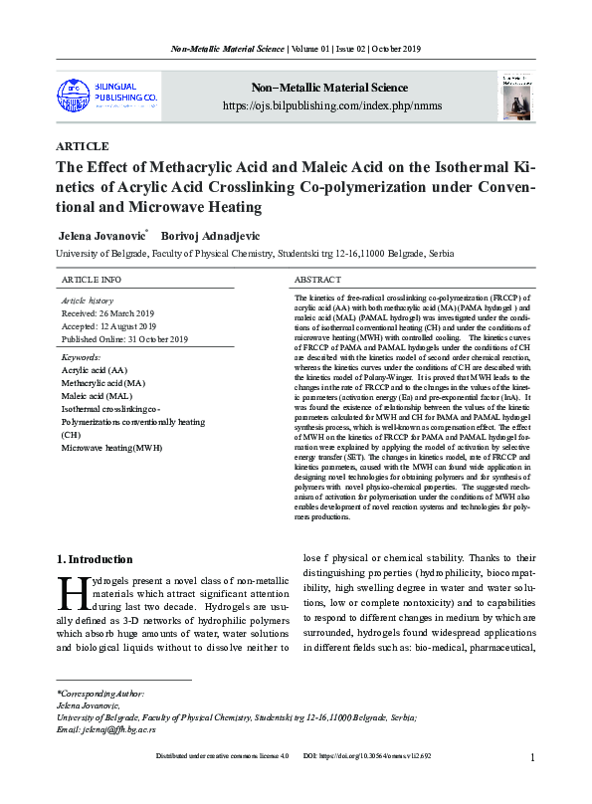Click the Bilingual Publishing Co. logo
pyautogui.click(x=106, y=96)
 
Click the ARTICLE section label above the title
pyautogui.click(x=83, y=146)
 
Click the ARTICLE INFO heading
pyautogui.click(x=92, y=281)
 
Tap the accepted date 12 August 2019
pyautogui.click(x=109, y=325)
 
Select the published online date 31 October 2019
pyautogui.click(x=124, y=339)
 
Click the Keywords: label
pyautogui.click(x=81, y=356)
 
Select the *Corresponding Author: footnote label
pyautogui.click(x=100, y=693)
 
